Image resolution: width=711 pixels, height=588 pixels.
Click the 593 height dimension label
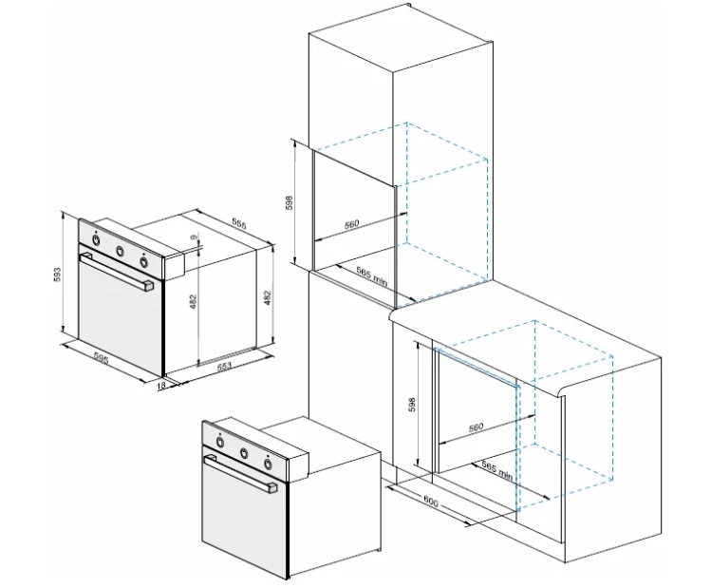57,275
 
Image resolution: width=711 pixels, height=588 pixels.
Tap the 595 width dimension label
102,359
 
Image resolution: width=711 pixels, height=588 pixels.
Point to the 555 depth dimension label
239,223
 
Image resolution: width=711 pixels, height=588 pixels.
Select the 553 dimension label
224,366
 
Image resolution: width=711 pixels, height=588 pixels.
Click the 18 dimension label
162,386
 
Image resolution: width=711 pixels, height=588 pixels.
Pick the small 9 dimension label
194,237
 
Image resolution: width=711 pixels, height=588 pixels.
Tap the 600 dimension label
431,501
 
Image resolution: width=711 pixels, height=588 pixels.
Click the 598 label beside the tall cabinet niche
290,202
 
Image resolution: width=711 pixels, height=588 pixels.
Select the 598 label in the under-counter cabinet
412,405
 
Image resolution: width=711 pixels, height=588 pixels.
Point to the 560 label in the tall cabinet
351,224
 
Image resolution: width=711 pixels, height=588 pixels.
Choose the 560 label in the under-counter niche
477,427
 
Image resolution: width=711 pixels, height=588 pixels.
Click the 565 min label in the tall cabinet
372,276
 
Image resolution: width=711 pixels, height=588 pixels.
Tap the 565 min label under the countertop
497,470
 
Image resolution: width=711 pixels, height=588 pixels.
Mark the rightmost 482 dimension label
267,297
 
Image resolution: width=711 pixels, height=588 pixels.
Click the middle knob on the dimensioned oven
121,251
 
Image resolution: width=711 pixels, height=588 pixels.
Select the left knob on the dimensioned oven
96,240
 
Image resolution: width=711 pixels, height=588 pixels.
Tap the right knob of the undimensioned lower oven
269,464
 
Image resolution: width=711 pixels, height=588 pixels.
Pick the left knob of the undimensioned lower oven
219,442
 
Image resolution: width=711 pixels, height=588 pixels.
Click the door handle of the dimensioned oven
117,272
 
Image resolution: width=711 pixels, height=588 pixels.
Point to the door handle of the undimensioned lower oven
241,474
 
